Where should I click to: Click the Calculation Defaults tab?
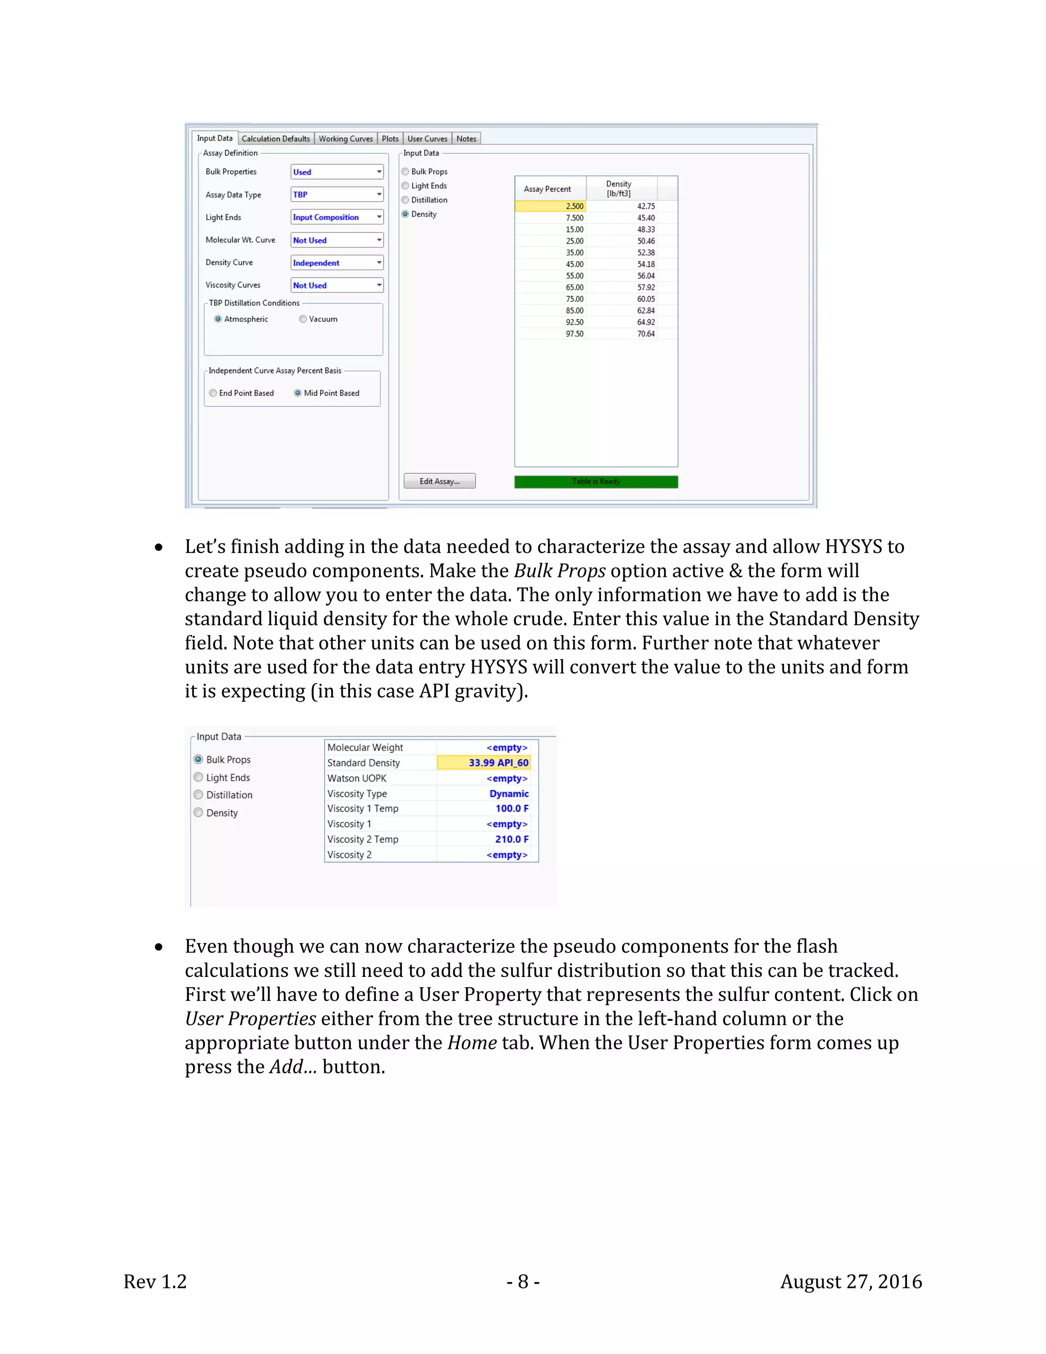coord(275,139)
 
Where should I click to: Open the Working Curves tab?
coord(345,139)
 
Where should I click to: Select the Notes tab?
coord(466,139)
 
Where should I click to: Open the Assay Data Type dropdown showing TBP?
coord(337,195)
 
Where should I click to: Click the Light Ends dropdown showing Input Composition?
coord(337,217)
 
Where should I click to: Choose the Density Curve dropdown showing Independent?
coord(337,263)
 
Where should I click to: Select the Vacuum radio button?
coord(303,319)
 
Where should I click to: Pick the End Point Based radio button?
coord(213,393)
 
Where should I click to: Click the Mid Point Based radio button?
coord(298,393)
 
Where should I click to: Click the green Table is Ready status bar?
coord(596,482)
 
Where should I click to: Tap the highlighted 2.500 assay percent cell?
coord(550,206)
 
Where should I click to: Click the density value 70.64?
coord(646,334)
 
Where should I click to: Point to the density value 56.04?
coord(646,276)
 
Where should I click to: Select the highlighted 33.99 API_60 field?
coord(484,762)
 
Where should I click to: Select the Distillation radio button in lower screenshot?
coord(198,795)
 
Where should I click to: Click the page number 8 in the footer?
coord(523,1281)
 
